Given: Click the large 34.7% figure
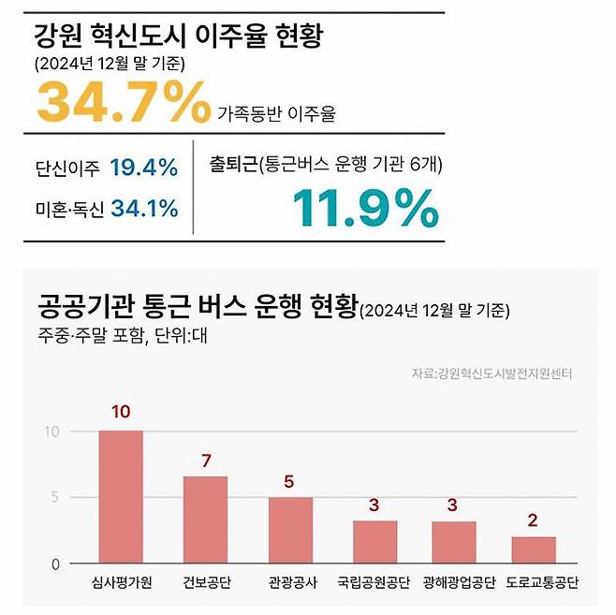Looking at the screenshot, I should (124, 104).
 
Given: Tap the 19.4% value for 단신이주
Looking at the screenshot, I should (143, 168).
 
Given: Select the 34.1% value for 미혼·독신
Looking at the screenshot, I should (144, 208).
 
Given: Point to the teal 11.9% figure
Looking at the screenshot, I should (365, 208).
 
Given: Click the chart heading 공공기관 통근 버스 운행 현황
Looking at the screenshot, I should (198, 306).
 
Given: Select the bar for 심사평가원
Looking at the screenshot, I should (121, 497).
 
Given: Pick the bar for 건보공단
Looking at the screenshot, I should (204, 520).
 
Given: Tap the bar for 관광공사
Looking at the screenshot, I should (290, 530).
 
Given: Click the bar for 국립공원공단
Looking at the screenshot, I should (374, 542).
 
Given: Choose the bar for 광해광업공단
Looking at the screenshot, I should (454, 542).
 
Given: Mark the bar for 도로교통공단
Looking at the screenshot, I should (533, 549).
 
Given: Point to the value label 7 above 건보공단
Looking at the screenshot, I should (205, 460).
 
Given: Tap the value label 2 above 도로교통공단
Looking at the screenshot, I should (533, 520).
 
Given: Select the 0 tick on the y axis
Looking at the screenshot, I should (54, 564).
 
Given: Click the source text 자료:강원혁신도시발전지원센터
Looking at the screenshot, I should (491, 373).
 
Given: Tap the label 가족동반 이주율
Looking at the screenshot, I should (276, 114).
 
